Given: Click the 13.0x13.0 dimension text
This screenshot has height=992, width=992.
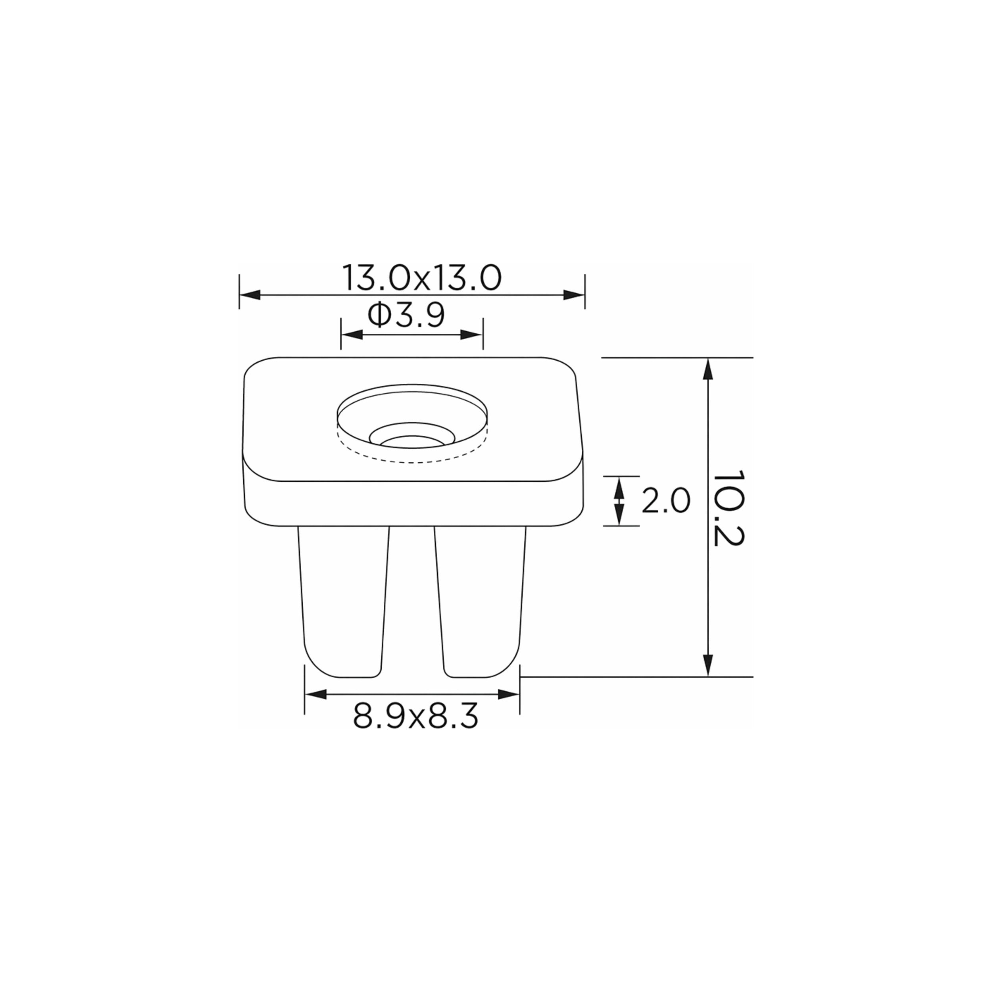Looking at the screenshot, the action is point(421,278).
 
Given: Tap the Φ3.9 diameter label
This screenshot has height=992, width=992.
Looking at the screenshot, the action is point(406,315).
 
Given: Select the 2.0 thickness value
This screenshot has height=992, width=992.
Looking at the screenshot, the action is point(666,501).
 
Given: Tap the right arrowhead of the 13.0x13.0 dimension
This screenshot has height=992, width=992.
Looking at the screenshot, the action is point(574,295).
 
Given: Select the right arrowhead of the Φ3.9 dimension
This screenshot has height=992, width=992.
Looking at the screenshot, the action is point(472,335).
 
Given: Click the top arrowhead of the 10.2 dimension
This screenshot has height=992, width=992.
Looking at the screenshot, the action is point(708,369).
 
